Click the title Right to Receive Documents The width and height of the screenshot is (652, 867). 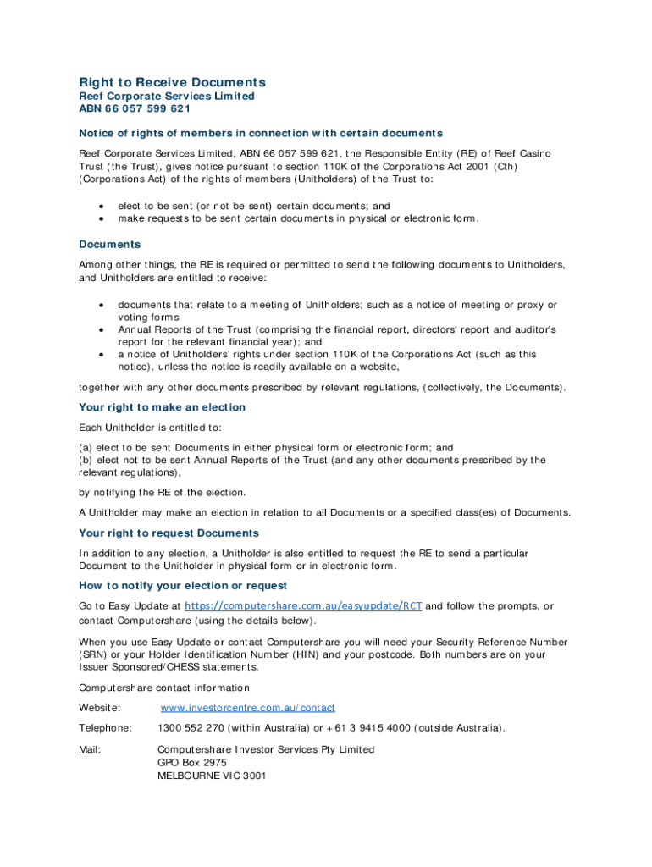[173, 82]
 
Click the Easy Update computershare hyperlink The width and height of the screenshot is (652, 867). [303, 606]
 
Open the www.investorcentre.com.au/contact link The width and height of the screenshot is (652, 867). [247, 708]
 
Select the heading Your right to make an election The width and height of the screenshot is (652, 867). [163, 407]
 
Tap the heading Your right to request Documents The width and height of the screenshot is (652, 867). [169, 533]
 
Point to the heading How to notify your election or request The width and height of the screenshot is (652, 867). [183, 586]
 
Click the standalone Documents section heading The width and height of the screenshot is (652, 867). [110, 245]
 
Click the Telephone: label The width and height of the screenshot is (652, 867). [105, 728]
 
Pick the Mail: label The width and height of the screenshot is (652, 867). [90, 749]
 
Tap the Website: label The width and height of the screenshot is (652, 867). [100, 708]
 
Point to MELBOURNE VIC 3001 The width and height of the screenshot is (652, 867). [212, 775]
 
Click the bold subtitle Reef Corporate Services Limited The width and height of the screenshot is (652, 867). [167, 97]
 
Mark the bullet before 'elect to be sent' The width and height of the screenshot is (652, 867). [102, 207]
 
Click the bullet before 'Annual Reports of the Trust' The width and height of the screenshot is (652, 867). [102, 330]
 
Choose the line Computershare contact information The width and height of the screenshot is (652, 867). [164, 688]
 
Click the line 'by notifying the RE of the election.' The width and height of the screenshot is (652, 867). [162, 493]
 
